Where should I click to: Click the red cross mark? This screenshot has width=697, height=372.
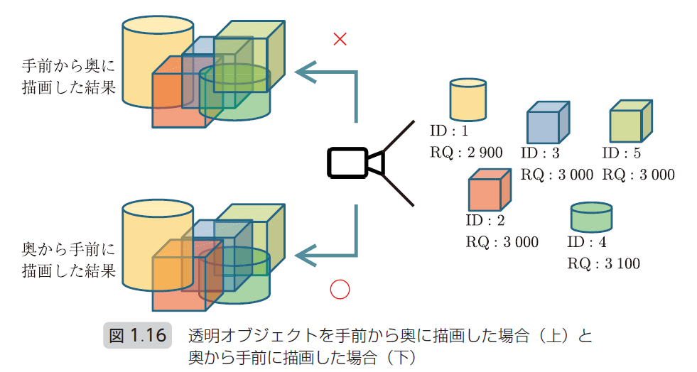coord(340,40)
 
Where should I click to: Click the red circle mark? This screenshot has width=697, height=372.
coord(340,289)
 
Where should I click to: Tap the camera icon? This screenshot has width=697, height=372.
coord(355,162)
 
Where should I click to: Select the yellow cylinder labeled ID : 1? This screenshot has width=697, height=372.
coord(468,99)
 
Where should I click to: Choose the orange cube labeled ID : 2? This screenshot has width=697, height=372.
coord(489,190)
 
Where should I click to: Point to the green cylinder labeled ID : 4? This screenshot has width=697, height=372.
coord(591,217)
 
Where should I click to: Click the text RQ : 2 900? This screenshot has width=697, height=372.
coord(466,152)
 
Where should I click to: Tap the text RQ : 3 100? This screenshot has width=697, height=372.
coord(603,263)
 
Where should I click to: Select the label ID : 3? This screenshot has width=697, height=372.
coord(540,153)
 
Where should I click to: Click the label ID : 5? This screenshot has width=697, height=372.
coord(621,153)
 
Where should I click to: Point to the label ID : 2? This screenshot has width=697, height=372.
coord(485,220)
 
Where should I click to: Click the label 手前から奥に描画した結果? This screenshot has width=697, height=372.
coord(68,78)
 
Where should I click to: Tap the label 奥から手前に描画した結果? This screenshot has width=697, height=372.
coord(68,260)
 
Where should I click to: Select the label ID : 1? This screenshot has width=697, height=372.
coord(450,131)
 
